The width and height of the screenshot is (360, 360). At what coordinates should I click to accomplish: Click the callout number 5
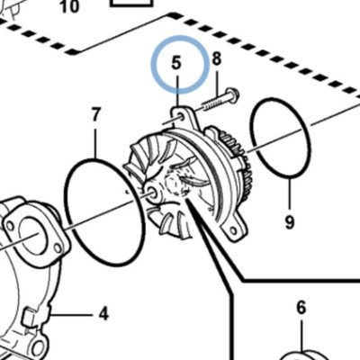[176, 63]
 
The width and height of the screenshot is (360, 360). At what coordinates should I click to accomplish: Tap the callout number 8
[217, 58]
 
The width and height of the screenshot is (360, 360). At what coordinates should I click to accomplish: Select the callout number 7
[95, 114]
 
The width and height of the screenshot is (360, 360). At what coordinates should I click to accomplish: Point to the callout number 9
[290, 222]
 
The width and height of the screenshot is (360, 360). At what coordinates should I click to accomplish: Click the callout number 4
[103, 314]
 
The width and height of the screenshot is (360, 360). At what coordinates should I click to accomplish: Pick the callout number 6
[301, 308]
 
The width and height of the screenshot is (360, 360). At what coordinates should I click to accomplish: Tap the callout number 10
[69, 6]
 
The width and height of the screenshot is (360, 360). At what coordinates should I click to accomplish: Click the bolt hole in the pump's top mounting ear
[182, 117]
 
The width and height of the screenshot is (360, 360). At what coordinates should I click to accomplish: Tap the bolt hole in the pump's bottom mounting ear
[233, 230]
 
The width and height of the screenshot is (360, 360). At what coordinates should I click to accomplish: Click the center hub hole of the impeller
[152, 193]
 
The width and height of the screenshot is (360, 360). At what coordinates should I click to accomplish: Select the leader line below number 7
[95, 141]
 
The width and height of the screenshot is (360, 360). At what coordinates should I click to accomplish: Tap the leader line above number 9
[290, 195]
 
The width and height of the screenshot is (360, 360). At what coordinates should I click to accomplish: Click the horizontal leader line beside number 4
[71, 315]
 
